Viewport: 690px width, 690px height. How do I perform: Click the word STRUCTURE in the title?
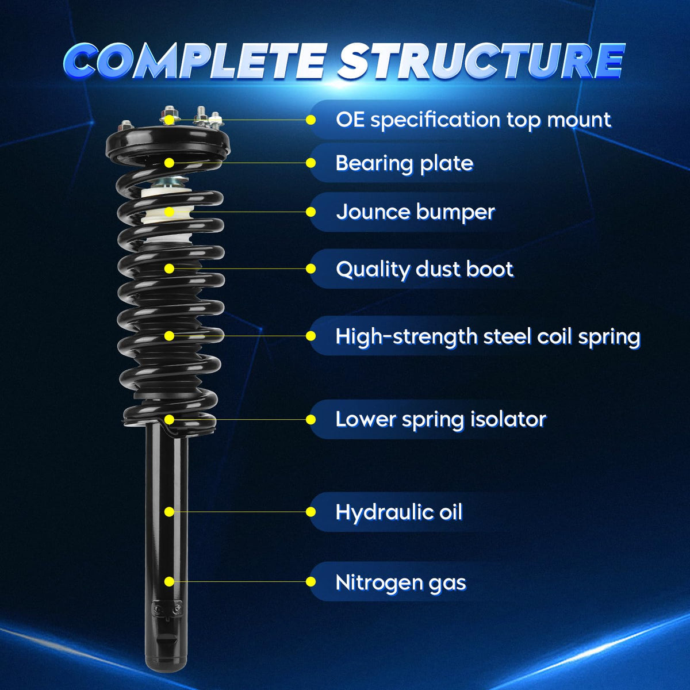point(482,60)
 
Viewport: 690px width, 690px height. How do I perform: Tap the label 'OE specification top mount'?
point(473,120)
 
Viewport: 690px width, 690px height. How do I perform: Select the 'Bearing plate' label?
point(404,163)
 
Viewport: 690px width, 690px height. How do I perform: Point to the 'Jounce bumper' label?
point(415,212)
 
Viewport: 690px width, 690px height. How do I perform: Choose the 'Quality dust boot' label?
point(425,269)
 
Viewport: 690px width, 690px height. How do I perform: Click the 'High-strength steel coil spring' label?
point(488,336)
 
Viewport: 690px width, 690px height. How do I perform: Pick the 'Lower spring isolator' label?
point(441,419)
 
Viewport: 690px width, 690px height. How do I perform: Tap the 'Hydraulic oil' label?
point(399,512)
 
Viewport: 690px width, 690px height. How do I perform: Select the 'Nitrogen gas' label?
point(401,582)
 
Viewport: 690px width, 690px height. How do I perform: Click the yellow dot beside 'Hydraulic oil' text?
point(311,512)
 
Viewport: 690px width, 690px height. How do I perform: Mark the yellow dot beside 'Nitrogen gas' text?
point(311,581)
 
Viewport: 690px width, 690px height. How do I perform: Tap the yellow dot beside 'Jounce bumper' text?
point(311,212)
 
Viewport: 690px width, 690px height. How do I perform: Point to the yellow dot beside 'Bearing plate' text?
point(311,163)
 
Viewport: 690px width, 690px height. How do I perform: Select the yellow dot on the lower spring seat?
point(170,419)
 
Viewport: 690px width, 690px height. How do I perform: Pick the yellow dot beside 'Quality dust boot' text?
point(311,269)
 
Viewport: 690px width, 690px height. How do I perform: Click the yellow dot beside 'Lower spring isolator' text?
point(311,419)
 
